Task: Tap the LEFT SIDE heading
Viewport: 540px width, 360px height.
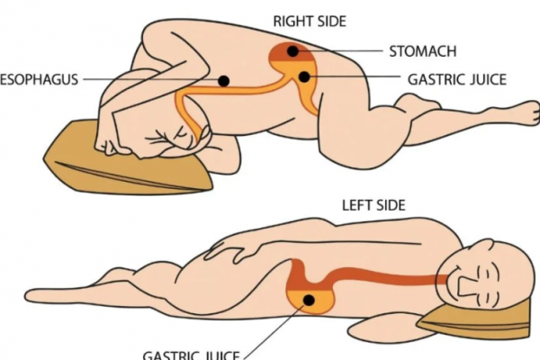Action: coord(373,205)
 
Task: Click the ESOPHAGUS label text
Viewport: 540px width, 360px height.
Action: coord(38,79)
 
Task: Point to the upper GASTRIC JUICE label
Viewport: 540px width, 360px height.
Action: coord(456,79)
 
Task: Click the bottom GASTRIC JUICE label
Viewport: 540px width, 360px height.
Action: coord(189,353)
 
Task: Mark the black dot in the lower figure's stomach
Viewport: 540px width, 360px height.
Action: coord(309,300)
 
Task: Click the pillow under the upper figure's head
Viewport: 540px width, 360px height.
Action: coord(117,162)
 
